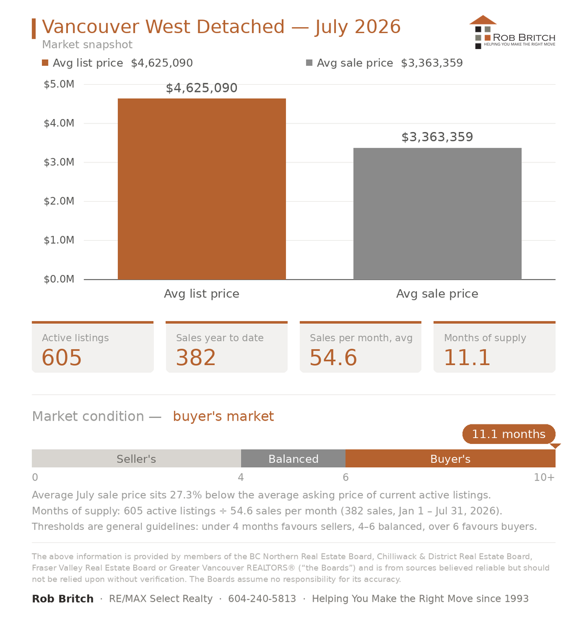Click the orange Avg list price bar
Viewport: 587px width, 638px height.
point(202,189)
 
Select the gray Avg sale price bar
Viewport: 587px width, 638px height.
point(437,214)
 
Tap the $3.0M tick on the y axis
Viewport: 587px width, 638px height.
point(59,162)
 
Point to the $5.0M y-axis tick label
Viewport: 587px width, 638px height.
point(59,84)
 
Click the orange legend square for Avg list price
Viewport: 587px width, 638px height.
point(45,62)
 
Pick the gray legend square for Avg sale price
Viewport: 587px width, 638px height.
point(309,62)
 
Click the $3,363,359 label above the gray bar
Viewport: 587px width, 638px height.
point(437,137)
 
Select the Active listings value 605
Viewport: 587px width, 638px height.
point(62,358)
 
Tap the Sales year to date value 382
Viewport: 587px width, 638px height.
point(196,358)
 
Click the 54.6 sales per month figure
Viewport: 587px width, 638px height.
point(333,358)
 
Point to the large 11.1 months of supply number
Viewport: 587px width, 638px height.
point(467,358)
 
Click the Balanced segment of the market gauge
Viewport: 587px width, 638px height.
point(293,459)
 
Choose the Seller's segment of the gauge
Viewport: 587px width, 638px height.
point(136,459)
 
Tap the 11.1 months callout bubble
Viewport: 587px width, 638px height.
point(509,434)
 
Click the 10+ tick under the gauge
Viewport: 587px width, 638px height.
point(544,477)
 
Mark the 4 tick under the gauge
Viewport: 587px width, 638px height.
point(241,477)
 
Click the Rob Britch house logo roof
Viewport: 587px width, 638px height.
point(483,20)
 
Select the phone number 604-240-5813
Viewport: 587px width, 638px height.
point(262,598)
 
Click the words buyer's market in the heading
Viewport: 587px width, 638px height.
point(223,416)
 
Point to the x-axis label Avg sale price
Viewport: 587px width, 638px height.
point(437,294)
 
